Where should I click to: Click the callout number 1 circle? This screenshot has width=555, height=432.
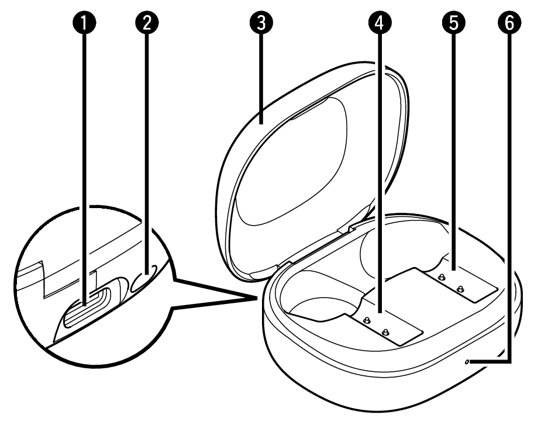coord(84,23)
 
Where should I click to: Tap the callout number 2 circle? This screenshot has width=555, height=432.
coord(147,23)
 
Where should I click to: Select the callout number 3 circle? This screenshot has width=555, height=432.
coord(261,23)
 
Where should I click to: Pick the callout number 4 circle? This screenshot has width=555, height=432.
coord(380,23)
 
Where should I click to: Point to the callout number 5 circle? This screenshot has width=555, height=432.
coord(453,23)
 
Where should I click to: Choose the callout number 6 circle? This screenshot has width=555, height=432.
coord(509,23)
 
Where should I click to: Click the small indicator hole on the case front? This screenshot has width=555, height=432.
coord(467,362)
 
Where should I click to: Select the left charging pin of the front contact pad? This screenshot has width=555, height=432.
coord(367,320)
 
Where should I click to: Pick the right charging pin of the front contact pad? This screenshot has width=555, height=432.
coord(385,332)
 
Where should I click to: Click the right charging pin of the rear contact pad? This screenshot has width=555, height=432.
coord(460,289)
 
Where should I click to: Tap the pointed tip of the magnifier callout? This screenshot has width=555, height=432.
coord(257,298)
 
